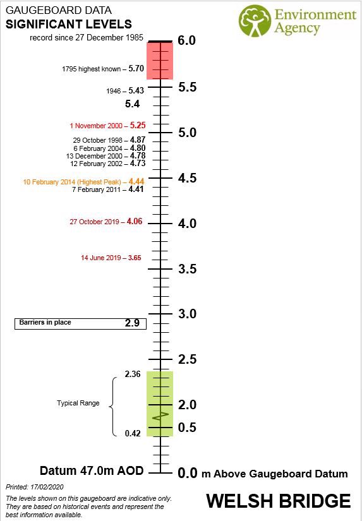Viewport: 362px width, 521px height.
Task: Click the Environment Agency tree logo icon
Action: (x=255, y=21)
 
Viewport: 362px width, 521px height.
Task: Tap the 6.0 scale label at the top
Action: (x=187, y=40)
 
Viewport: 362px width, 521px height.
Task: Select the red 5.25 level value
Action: (x=138, y=126)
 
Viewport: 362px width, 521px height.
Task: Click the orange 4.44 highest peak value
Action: (x=136, y=181)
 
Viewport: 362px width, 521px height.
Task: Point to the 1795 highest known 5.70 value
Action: (x=136, y=68)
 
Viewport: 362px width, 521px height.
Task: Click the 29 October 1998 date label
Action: (x=100, y=140)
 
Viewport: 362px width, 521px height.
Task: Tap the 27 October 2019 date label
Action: (x=96, y=222)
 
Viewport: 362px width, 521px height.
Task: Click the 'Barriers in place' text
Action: (x=45, y=323)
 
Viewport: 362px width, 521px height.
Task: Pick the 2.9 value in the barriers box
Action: (x=132, y=323)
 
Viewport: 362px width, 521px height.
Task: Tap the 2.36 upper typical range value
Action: (x=132, y=374)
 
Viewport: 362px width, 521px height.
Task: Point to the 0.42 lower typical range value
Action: (x=132, y=433)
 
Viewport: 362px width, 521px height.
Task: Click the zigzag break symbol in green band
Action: (x=161, y=416)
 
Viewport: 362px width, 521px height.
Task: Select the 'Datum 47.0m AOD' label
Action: (x=92, y=471)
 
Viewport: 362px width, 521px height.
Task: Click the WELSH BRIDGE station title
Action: (x=278, y=501)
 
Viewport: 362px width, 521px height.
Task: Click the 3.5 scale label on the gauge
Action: (x=188, y=269)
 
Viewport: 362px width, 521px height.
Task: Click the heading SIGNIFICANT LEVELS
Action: (x=69, y=24)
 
